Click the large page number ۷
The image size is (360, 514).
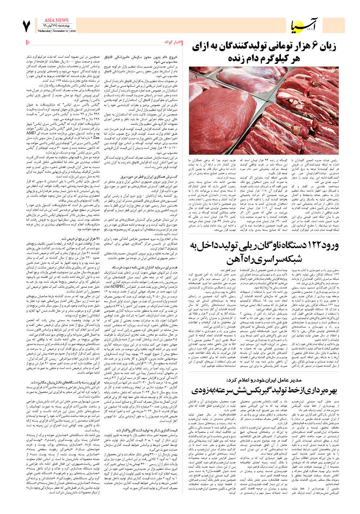tap(26, 26)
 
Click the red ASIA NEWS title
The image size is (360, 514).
tap(56, 20)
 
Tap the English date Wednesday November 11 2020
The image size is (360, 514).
tap(57, 31)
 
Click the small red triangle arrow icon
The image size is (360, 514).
tap(28, 42)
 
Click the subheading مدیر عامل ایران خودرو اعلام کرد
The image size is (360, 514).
tap(263, 380)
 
